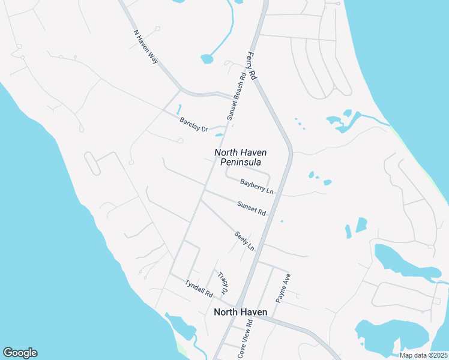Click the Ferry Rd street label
252,66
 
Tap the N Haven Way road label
144,47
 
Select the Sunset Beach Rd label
235,96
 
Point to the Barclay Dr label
193,125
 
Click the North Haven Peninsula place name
241,157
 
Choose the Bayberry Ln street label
257,186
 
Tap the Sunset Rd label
252,208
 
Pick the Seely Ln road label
244,241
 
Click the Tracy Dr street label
223,282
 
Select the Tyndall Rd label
199,289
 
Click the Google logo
20,353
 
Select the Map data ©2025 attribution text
423,355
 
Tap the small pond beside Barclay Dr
178,110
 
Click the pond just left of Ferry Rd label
207,59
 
